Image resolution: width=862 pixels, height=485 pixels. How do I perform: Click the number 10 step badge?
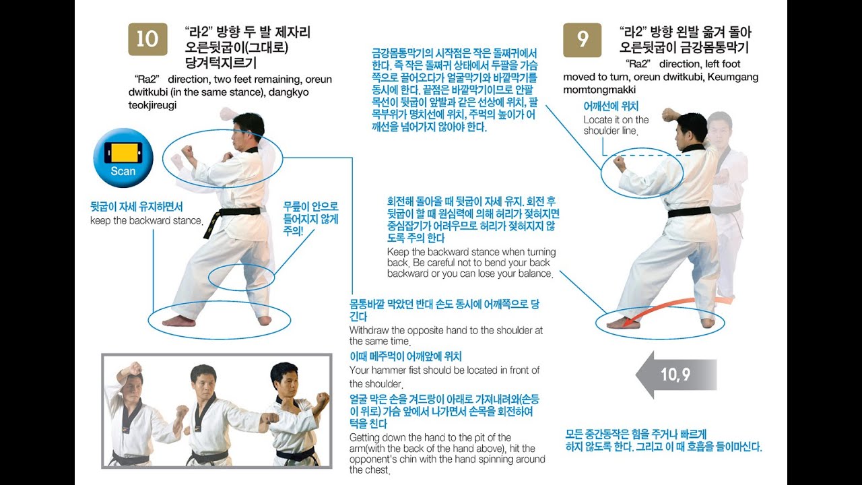(147, 39)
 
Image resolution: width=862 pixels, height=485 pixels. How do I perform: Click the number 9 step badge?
(582, 39)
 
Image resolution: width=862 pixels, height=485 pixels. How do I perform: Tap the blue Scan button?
(123, 158)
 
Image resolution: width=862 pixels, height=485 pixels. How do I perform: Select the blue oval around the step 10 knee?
(241, 277)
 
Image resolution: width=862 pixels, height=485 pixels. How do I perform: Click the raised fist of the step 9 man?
(669, 114)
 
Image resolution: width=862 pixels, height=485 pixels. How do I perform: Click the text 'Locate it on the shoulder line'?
(616, 125)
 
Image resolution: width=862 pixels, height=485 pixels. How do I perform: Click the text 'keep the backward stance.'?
(147, 221)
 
